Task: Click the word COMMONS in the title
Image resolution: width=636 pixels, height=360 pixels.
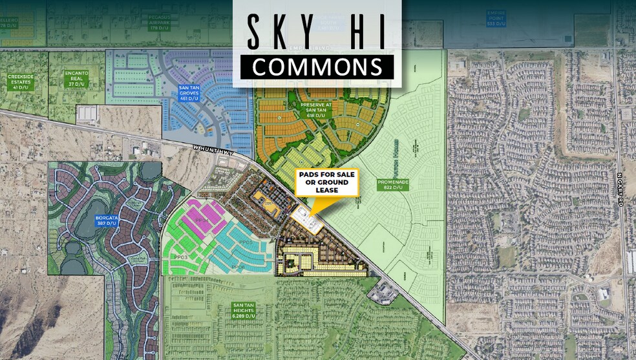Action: [316, 67]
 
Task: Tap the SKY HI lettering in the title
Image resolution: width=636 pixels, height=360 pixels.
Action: [317, 30]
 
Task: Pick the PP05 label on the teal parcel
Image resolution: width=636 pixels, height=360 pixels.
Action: [245, 242]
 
